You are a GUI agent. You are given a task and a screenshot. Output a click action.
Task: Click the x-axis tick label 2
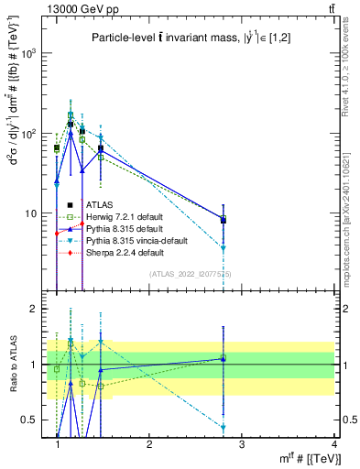[149, 445]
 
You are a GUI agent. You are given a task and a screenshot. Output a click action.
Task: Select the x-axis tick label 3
[242, 445]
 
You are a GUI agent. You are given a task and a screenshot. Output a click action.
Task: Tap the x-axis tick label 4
[333, 445]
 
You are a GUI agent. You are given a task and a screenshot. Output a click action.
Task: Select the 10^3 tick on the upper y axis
[29, 53]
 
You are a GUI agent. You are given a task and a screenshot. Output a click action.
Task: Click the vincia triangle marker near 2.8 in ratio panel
[224, 428]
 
